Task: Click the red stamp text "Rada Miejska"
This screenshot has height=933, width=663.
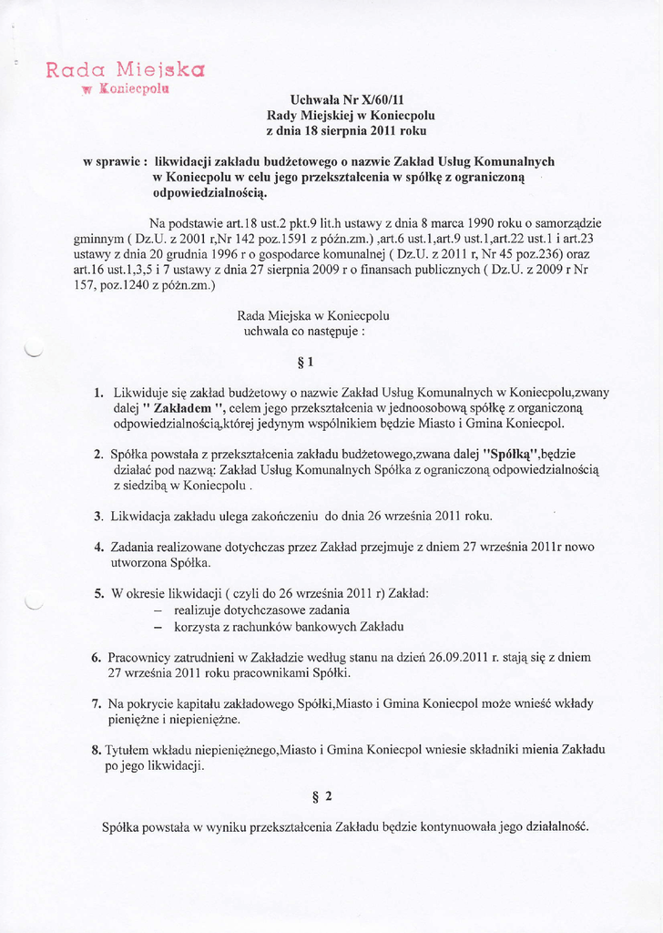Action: pyautogui.click(x=125, y=69)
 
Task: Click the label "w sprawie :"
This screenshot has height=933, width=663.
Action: pyautogui.click(x=116, y=161)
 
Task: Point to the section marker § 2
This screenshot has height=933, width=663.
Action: pyautogui.click(x=322, y=796)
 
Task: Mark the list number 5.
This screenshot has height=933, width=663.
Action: pyautogui.click(x=98, y=593)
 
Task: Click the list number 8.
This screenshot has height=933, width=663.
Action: pyautogui.click(x=97, y=750)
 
